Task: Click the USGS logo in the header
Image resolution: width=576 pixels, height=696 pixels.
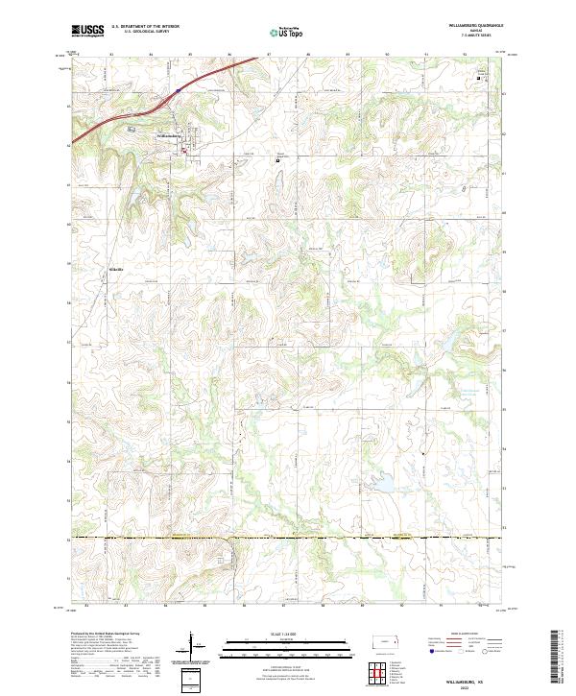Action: tap(87, 32)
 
